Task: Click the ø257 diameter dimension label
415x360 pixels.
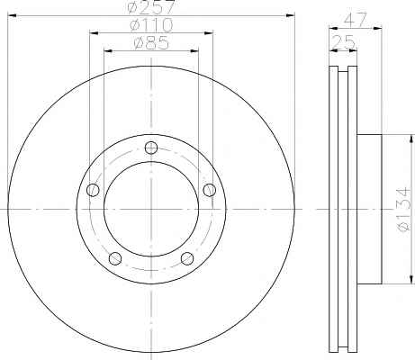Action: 151,7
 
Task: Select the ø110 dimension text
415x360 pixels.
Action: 151,25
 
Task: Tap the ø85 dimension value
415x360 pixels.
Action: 151,43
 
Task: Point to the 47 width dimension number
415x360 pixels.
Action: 356,20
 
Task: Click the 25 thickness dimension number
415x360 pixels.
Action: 344,41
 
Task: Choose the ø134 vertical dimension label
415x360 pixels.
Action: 403,210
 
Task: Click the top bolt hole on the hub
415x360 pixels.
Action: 151,148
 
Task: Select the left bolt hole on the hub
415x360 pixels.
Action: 93,190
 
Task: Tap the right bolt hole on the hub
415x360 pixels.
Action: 210,190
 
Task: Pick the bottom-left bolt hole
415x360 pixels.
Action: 115,258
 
